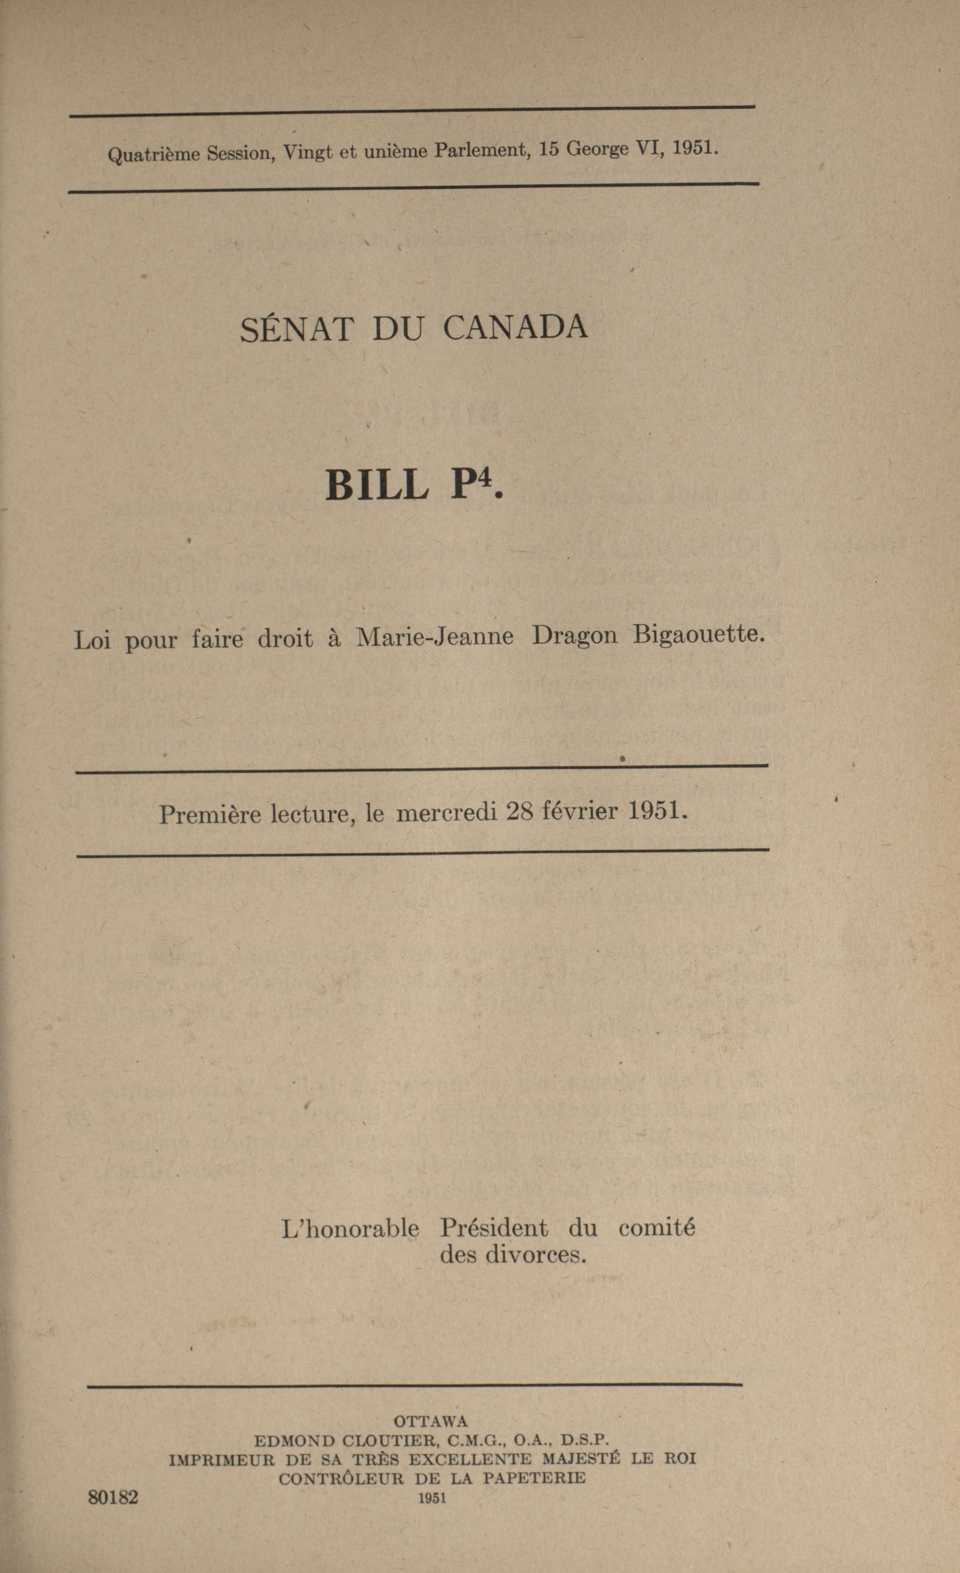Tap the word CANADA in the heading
514,327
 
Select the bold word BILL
377,485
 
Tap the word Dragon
574,636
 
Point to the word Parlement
483,150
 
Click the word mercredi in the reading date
447,813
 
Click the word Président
493,1228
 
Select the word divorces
535,1255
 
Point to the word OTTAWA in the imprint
431,1421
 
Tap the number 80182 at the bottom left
113,1498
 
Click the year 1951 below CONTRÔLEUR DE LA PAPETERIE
432,1498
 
